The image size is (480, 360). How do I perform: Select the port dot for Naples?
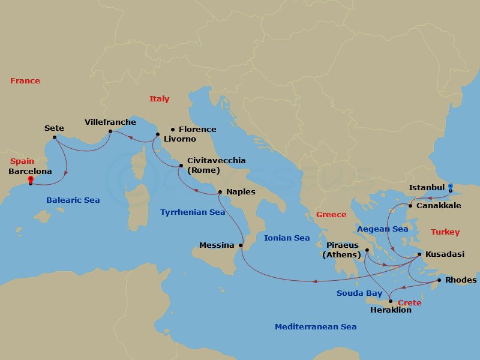point(220,192)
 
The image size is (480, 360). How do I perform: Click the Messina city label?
point(217,245)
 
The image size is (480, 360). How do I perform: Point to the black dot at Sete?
point(55,137)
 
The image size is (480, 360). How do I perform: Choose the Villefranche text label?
point(110,122)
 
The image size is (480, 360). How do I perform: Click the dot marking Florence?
point(173,129)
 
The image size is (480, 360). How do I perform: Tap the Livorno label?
point(179,139)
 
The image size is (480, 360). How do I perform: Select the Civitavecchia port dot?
point(181,165)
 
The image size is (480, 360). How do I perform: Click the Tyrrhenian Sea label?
point(193,212)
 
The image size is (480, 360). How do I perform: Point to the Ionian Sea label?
point(287,238)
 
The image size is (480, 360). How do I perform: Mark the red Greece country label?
point(331,214)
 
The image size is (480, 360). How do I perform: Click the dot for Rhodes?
point(439,280)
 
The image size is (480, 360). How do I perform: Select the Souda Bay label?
point(359,293)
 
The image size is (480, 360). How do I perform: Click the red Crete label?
point(410,302)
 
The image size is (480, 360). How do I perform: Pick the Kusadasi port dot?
point(419,254)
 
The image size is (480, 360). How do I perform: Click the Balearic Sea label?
point(73,200)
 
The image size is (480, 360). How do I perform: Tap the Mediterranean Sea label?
point(316,326)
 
